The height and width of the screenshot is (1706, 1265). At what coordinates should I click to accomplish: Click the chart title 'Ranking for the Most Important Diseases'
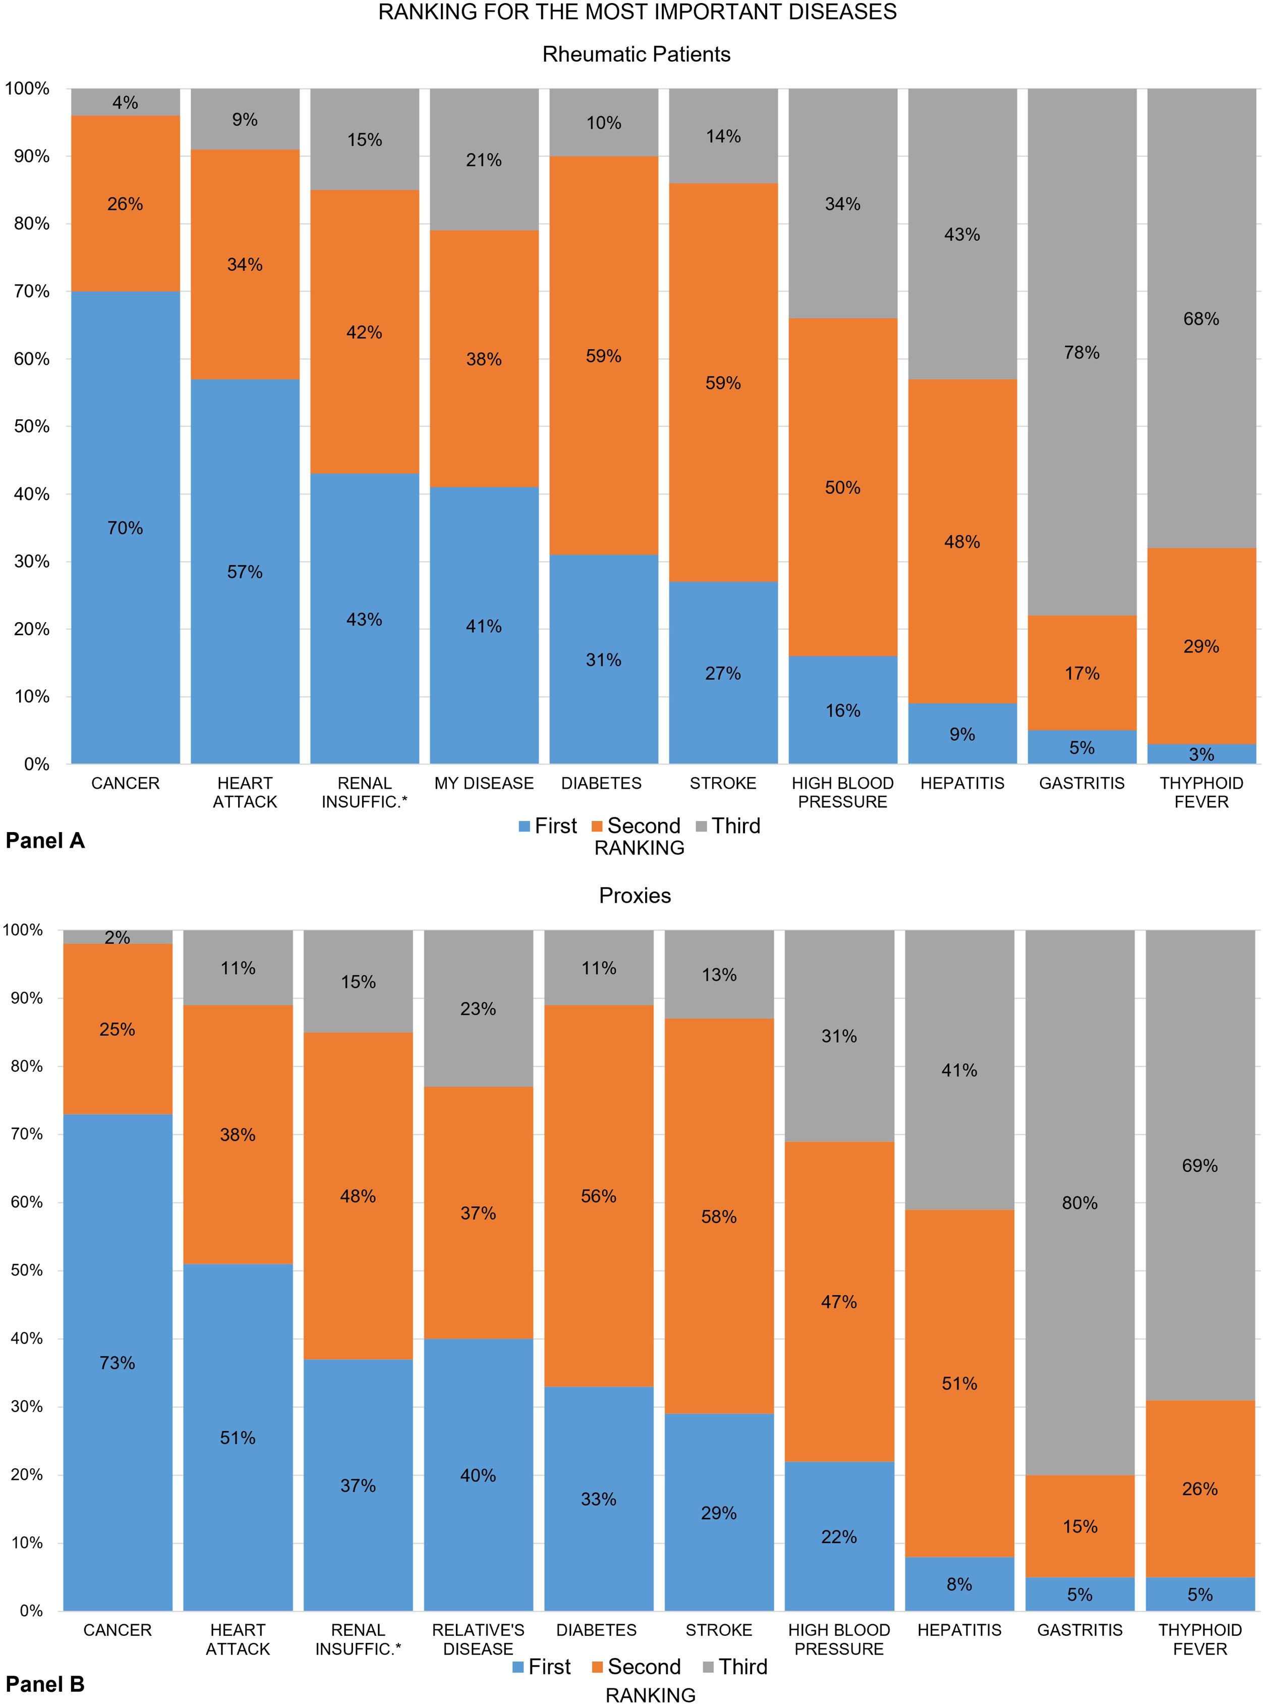637,12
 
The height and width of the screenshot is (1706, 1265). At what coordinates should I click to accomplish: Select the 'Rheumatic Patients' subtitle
637,54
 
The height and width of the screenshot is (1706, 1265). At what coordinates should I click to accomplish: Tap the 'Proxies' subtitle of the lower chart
635,896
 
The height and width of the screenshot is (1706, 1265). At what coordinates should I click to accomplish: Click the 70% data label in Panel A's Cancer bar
125,528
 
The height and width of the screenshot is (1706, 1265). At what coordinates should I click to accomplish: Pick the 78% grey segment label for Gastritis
1081,352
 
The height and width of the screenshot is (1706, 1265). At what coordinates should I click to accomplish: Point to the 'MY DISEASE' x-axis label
484,783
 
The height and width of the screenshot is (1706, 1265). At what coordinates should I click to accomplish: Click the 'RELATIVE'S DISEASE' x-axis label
478,1639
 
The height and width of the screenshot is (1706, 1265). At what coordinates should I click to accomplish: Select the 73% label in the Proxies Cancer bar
117,1363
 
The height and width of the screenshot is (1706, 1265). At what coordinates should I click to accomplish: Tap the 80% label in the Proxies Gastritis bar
1080,1203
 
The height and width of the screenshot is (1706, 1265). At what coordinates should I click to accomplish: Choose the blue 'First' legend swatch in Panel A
525,827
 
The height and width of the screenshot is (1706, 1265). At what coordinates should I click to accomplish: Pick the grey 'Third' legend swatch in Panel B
708,1668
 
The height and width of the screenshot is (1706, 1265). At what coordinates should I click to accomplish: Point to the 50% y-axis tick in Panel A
31,427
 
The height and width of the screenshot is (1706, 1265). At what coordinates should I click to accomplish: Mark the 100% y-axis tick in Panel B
23,930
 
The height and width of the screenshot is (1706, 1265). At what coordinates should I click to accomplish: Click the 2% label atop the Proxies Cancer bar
117,938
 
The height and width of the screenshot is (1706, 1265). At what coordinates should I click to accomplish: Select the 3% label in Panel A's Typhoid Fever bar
1200,754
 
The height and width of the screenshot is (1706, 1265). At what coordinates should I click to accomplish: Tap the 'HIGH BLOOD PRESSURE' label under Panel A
842,792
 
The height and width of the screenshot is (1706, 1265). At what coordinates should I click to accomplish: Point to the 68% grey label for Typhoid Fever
1200,319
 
